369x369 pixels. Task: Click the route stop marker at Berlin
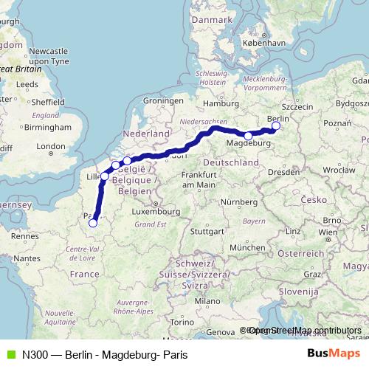tap(276, 126)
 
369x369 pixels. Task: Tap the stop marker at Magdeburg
tap(248, 136)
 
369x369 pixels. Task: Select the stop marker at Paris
tap(92, 222)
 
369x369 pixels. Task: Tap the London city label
tap(51, 146)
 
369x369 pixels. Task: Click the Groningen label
tap(162, 100)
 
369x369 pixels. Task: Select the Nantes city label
tap(27, 258)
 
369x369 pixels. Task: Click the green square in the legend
tap(8, 355)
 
